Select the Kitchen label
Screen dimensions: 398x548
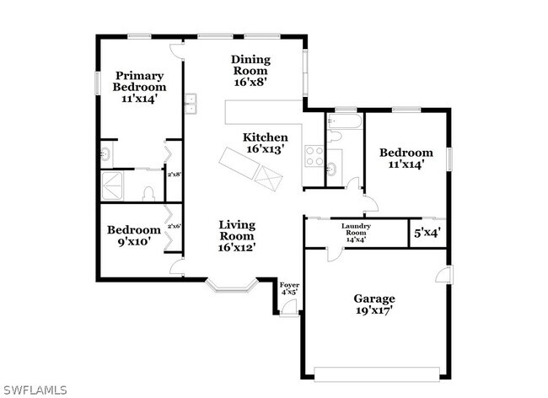(x=265, y=143)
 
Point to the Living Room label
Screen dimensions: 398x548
(x=237, y=235)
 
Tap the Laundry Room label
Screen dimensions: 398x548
(x=362, y=231)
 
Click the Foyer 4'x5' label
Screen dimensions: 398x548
(x=289, y=288)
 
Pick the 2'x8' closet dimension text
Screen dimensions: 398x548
(x=175, y=175)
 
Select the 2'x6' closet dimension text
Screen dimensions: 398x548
(x=175, y=226)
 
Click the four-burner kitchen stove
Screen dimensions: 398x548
(x=314, y=155)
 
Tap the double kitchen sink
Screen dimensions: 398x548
(x=191, y=104)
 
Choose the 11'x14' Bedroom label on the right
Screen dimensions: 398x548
(x=406, y=159)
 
